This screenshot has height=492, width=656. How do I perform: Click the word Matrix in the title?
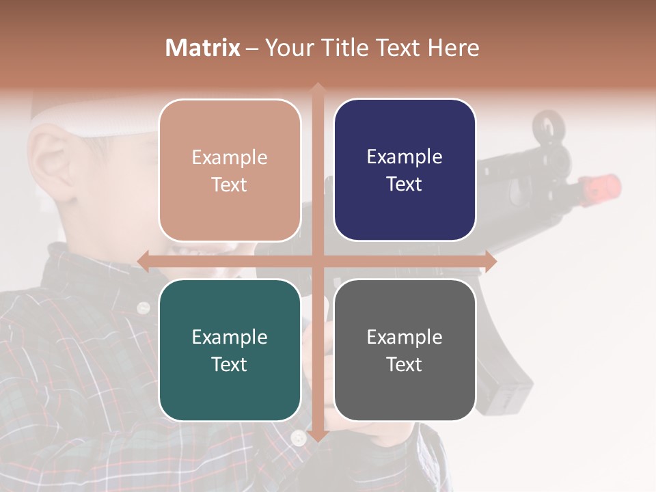[203, 48]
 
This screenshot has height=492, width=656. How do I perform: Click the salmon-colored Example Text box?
[230, 170]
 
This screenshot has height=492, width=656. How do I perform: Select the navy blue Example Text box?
[405, 170]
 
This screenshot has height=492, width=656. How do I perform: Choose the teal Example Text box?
[230, 350]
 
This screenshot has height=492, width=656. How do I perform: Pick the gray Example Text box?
[405, 350]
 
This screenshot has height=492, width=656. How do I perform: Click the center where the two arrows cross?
[317, 261]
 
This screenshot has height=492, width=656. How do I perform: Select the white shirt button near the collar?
[143, 307]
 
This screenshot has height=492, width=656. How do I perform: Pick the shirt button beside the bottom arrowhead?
[298, 437]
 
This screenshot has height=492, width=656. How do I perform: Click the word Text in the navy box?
[405, 184]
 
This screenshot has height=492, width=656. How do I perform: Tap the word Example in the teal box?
[230, 337]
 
